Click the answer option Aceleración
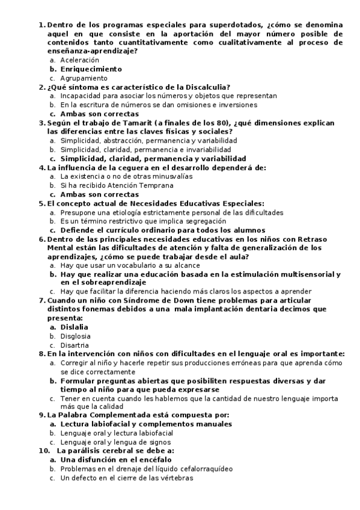[x=79, y=60]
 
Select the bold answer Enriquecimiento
[x=91, y=69]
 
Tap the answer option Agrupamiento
[x=84, y=78]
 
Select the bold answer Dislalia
[x=75, y=327]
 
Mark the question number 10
[x=43, y=451]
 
